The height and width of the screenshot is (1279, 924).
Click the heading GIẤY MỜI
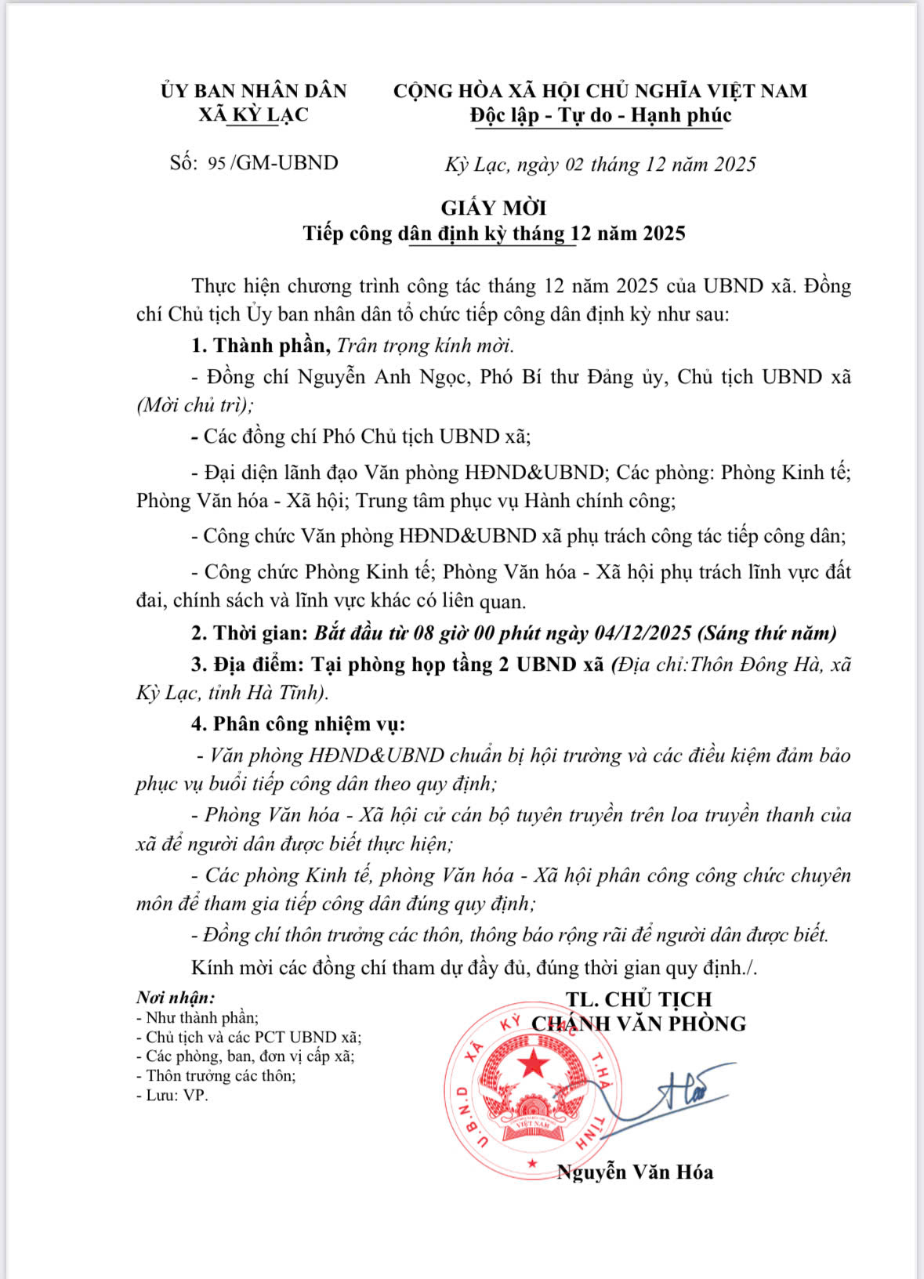pos(493,208)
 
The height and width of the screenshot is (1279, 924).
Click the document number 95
pos(217,164)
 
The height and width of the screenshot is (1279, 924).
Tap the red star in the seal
pos(535,1063)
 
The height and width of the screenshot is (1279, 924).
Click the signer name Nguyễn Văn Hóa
pos(635,1172)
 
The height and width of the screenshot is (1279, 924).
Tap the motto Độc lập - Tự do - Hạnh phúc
pos(600,115)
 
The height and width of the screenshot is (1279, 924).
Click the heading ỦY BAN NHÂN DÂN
pos(254,91)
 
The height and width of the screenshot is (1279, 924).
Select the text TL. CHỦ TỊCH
pos(639,999)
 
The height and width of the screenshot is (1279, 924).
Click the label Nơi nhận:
pos(176,998)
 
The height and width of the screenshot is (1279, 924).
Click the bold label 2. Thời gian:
pos(249,633)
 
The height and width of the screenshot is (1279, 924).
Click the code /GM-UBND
pos(285,163)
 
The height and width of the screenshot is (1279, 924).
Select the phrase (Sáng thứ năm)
pos(766,633)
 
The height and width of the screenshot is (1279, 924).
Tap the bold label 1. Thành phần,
pos(262,346)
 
